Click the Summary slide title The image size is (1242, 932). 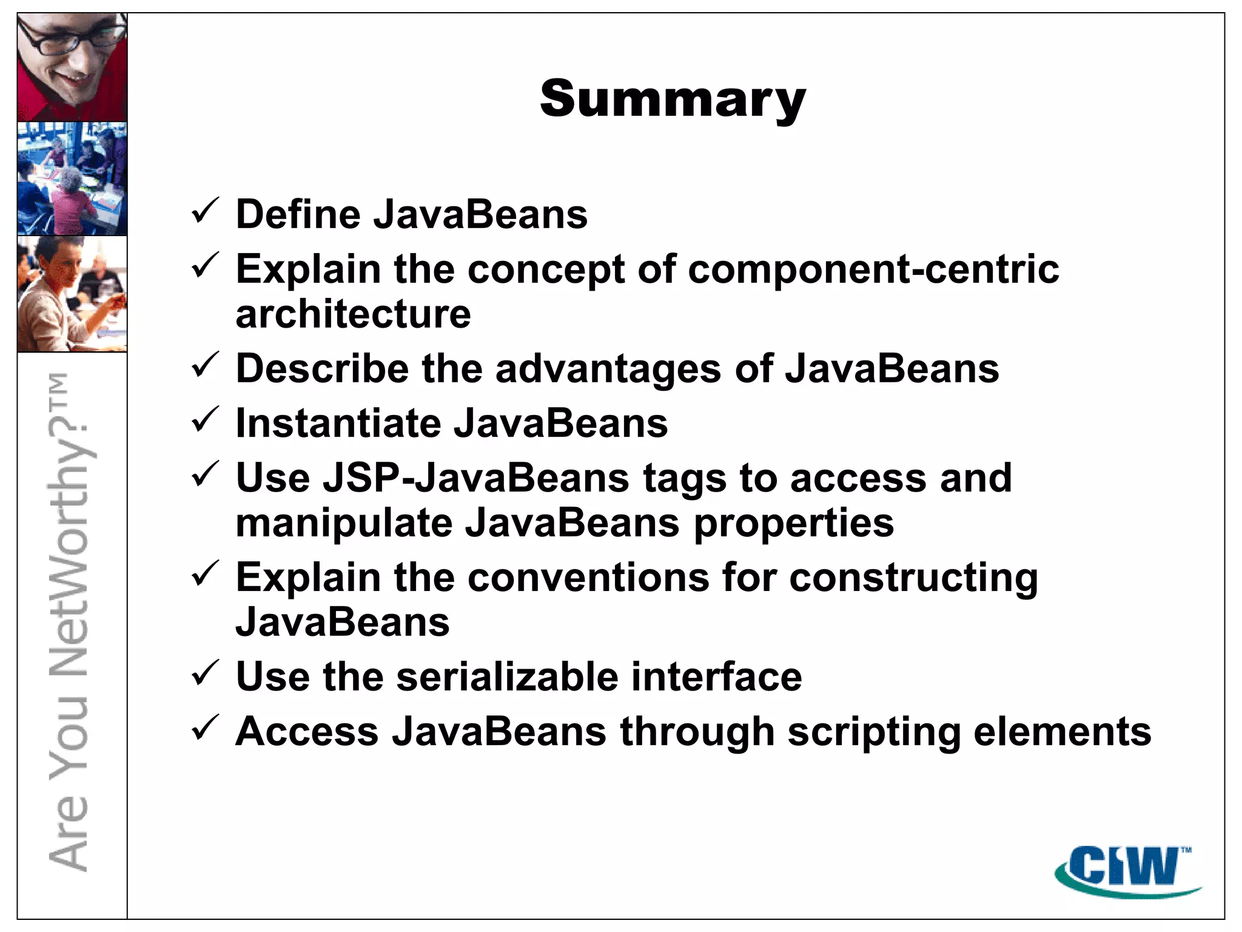(673, 99)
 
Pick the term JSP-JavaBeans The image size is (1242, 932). (475, 478)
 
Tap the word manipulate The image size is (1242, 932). (344, 523)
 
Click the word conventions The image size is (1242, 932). (588, 577)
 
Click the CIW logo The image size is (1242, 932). (1122, 869)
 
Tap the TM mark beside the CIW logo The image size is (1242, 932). (1186, 850)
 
